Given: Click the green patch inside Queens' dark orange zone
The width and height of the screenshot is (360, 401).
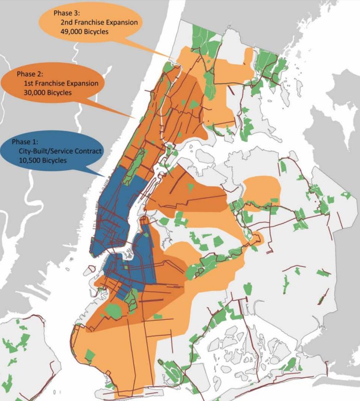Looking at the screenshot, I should [x=191, y=187].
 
